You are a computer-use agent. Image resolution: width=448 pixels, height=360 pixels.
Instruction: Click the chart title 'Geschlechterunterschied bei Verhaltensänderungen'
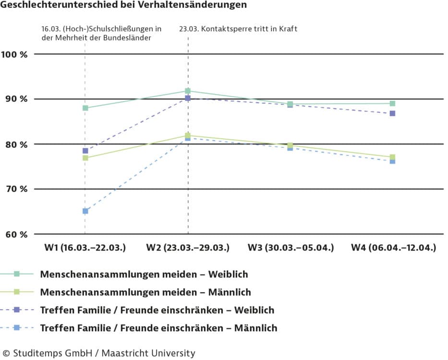click(124, 5)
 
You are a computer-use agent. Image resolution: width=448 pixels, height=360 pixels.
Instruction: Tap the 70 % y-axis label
click(15, 189)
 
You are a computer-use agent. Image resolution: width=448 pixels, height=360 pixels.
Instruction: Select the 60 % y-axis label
click(15, 234)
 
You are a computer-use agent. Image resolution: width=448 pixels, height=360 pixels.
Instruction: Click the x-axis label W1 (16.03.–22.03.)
click(85, 248)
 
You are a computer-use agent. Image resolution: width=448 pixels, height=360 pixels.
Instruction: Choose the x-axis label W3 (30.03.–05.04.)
click(291, 248)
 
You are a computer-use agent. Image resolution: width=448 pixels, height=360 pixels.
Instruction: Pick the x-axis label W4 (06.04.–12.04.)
click(393, 248)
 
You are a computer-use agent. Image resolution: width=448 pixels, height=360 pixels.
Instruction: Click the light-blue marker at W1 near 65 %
click(85, 211)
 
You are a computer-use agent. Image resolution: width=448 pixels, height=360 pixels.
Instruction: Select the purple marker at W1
click(85, 151)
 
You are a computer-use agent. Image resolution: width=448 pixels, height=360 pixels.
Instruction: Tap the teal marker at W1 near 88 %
click(85, 108)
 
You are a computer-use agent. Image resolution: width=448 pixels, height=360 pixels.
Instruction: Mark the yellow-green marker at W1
click(85, 158)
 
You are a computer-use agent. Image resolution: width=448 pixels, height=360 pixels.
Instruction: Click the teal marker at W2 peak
click(188, 91)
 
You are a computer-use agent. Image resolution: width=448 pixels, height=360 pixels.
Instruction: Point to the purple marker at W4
click(392, 114)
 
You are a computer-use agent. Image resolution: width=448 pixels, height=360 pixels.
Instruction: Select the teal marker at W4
click(392, 103)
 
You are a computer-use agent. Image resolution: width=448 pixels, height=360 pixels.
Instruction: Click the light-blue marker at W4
click(392, 161)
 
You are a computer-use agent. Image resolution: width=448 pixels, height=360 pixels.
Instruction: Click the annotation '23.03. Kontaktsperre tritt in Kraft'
click(238, 29)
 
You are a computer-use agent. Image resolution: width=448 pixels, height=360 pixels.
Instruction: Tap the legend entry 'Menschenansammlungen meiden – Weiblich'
click(144, 275)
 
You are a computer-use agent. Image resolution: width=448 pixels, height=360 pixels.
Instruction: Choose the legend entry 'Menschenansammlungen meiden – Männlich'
click(145, 292)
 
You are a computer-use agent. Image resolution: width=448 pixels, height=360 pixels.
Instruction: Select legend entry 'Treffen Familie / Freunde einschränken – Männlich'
click(158, 328)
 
